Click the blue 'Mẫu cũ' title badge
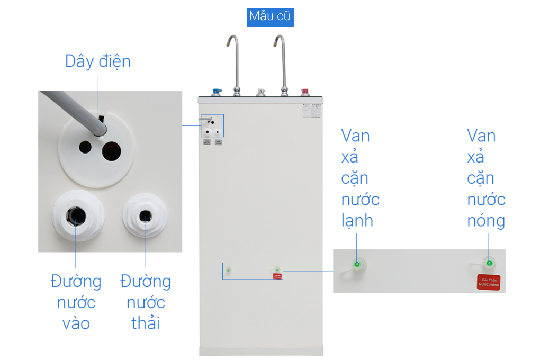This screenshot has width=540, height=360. coord(270,16)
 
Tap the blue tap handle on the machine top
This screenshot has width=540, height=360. coord(216,92)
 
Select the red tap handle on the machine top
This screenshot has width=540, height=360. coord(305,92)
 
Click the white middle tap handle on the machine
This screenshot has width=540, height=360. coord(260,92)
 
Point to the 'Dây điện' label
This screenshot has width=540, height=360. coord(97,61)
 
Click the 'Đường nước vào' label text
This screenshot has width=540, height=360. coord(76,302)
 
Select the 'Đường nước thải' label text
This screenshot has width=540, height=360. coord(146,302)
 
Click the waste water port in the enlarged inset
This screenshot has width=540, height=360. coord(145,215)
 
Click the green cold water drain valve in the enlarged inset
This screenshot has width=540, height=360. coord(357,264)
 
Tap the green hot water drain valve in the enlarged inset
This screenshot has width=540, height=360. coord(489,263)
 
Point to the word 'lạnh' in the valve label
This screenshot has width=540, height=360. coord(357,220)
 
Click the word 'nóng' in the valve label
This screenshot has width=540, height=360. coord(486,220)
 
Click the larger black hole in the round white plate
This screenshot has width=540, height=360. coord(114,150)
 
